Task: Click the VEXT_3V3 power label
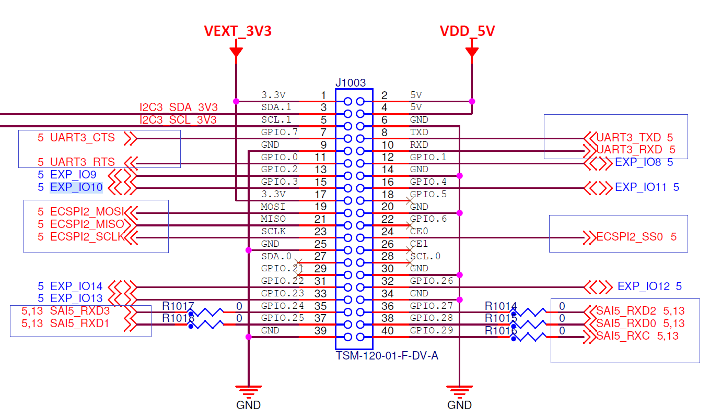point(237,31)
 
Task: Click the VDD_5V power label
point(467,31)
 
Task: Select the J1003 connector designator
point(350,82)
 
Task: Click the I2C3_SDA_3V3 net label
point(178,107)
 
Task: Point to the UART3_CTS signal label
point(82,138)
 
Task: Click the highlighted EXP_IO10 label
point(76,187)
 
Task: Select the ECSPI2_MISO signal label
point(87,224)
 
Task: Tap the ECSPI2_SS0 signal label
point(630,237)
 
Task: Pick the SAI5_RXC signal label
point(623,336)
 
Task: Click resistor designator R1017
point(178,306)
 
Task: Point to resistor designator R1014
point(501,306)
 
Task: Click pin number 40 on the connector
point(388,331)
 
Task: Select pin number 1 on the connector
point(323,95)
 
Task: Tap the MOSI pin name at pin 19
point(273,207)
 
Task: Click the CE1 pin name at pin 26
point(419,244)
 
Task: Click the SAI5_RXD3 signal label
point(80,311)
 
